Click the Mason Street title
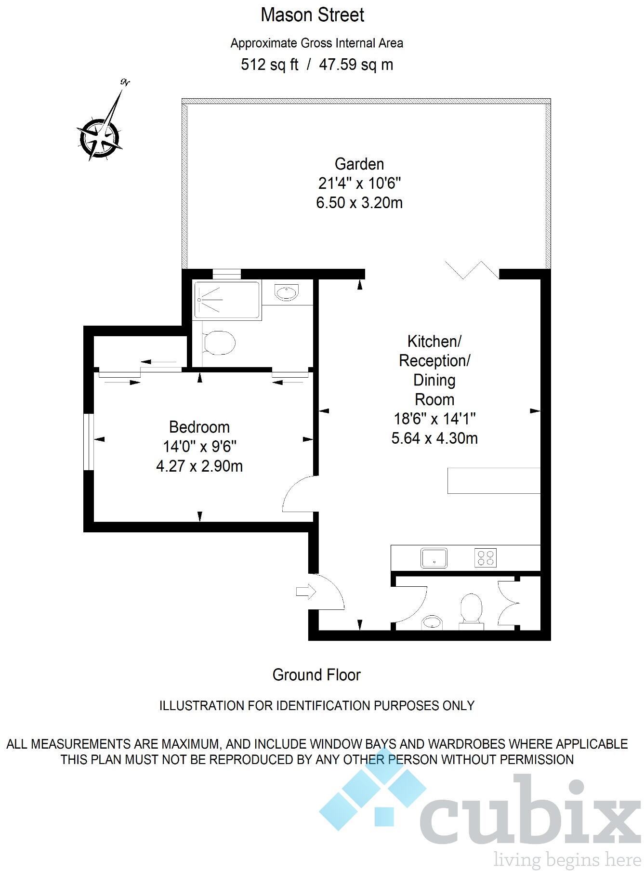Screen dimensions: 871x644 (312, 15)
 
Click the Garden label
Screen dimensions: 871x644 (359, 164)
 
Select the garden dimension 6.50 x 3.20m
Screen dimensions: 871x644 (359, 203)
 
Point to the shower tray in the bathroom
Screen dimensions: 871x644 (226, 300)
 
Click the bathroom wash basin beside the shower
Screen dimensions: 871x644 (287, 291)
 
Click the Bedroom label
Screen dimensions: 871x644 (199, 427)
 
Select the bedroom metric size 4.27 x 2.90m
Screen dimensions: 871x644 (199, 466)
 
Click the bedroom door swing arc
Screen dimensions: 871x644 (297, 494)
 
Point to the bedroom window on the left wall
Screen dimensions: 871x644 (88, 442)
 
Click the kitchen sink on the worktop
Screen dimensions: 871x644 (434, 558)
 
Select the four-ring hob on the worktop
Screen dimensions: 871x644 (485, 558)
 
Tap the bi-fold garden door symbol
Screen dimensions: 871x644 (472, 270)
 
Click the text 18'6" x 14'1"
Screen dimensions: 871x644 (434, 419)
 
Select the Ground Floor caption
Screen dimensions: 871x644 (316, 675)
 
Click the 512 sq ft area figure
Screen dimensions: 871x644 (269, 65)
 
